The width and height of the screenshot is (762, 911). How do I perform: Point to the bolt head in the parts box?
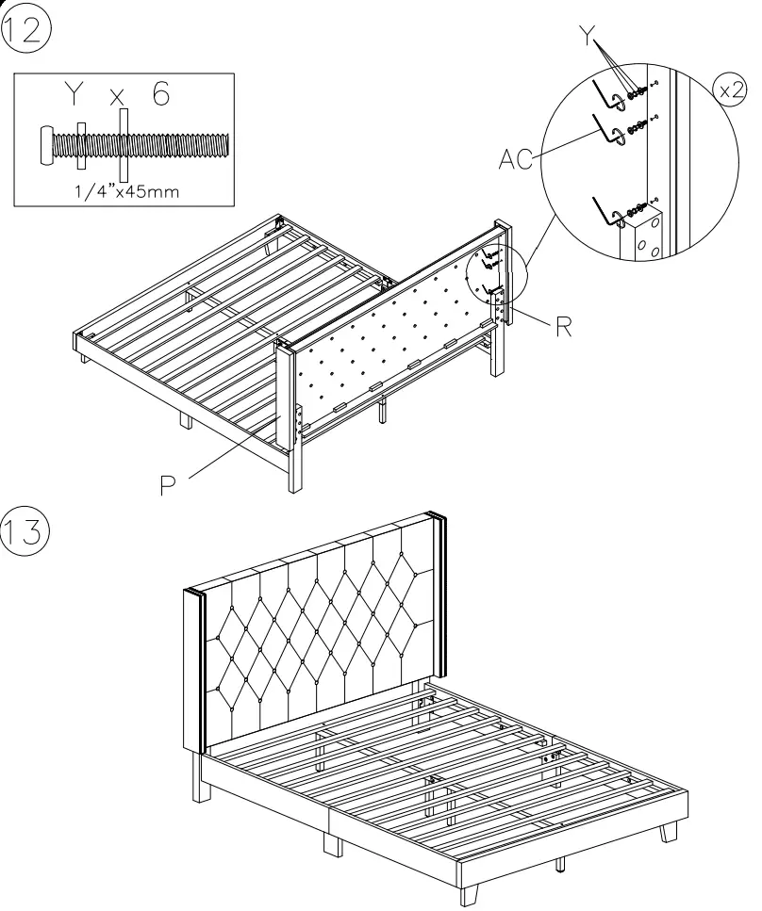pos(47,143)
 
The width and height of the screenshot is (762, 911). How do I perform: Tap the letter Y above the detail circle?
pos(589,39)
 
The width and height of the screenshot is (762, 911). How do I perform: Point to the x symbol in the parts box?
pos(118,97)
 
